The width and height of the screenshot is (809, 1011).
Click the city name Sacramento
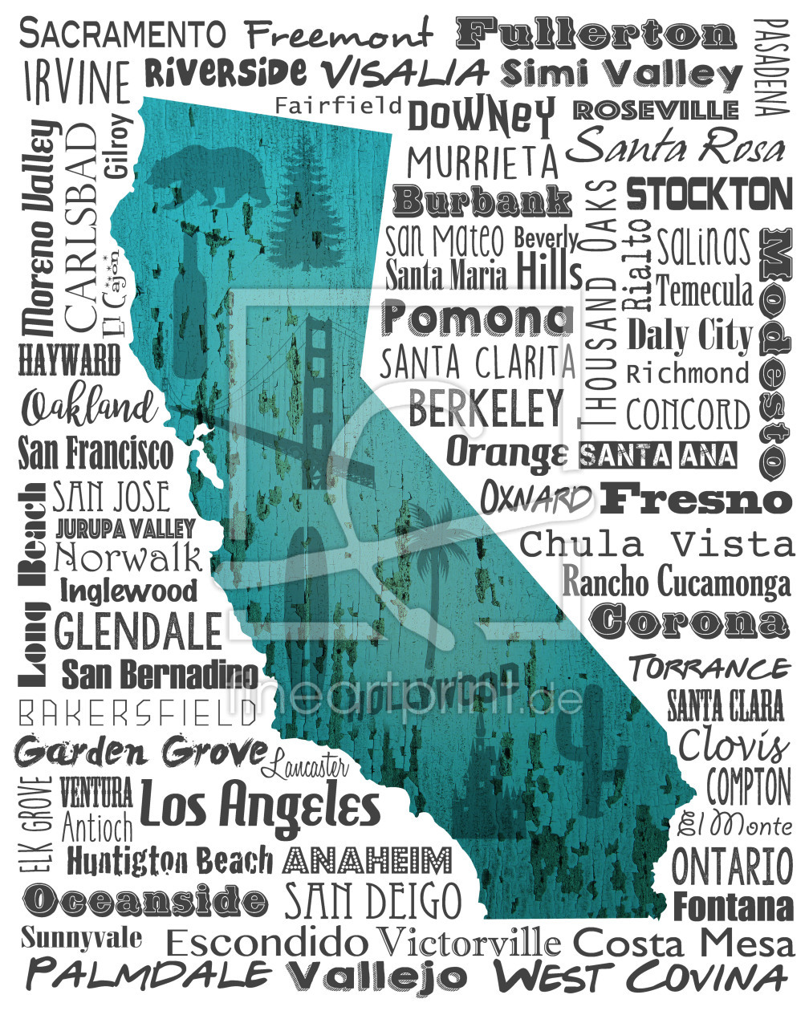(123, 34)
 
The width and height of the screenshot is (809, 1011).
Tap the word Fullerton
(596, 34)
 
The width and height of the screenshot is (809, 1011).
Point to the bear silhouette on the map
(210, 175)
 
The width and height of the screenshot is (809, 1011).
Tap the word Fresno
(696, 499)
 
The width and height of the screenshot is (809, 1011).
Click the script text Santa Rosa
(678, 148)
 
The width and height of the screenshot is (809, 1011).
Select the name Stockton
(709, 194)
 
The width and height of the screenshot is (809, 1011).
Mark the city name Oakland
(89, 408)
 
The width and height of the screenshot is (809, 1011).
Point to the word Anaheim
(368, 860)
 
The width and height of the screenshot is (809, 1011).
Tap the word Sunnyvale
(81, 938)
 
